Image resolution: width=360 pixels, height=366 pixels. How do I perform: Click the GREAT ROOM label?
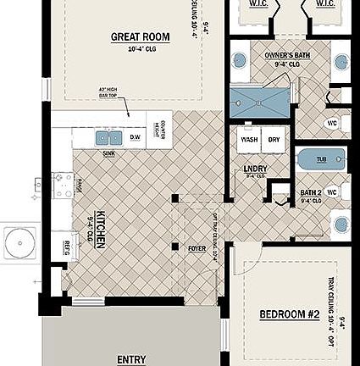(x=141, y=37)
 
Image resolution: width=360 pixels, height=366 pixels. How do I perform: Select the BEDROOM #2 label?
(x=289, y=314)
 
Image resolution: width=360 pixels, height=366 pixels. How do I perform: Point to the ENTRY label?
(x=131, y=359)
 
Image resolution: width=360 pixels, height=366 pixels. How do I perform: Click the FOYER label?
(x=196, y=248)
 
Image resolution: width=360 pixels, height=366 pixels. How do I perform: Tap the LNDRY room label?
(x=255, y=169)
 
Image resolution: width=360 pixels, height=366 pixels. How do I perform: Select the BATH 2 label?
(x=311, y=193)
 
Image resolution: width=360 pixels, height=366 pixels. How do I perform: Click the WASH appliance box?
(x=249, y=140)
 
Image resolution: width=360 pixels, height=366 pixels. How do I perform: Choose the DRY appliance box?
(x=274, y=140)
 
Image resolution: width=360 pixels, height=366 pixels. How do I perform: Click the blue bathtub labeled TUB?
(x=321, y=158)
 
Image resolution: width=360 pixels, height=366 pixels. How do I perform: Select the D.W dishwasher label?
(x=136, y=136)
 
